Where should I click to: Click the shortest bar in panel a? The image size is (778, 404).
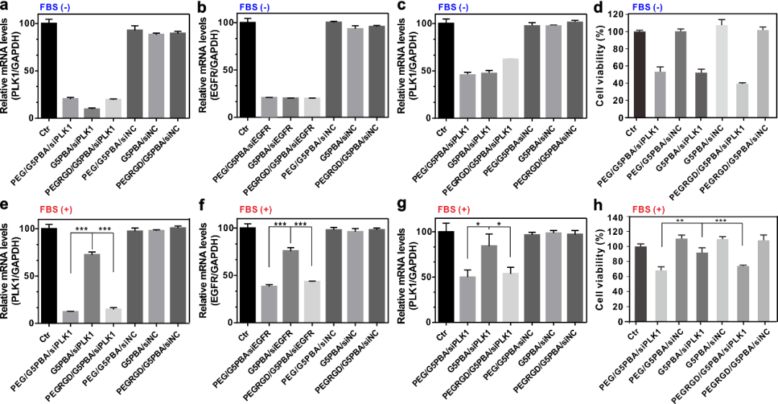tap(91, 112)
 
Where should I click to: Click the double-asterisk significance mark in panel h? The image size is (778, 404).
tap(679, 220)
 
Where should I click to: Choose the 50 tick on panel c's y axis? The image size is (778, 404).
tap(431, 71)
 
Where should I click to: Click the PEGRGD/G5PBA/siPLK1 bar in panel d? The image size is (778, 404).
tap(741, 101)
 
